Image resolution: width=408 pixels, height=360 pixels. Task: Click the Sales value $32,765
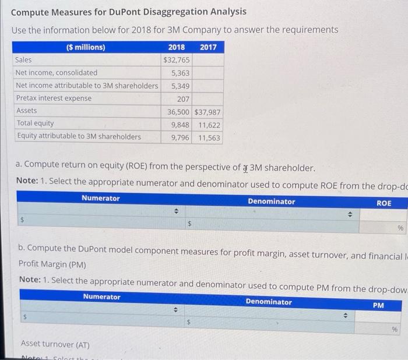coord(176,60)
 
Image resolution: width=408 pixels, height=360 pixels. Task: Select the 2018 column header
coord(176,47)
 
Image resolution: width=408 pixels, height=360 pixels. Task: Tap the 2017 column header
coord(207,47)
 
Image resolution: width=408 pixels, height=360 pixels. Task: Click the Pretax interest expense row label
coord(54,98)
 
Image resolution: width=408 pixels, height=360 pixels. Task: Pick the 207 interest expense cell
coord(183,98)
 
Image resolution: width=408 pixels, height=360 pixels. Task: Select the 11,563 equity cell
coord(209,137)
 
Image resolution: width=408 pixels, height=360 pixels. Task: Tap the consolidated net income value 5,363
coord(179,73)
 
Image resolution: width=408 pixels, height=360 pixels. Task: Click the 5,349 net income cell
coord(179,86)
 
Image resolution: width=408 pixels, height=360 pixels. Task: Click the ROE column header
coord(384,203)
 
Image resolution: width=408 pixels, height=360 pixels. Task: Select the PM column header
coord(378,304)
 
